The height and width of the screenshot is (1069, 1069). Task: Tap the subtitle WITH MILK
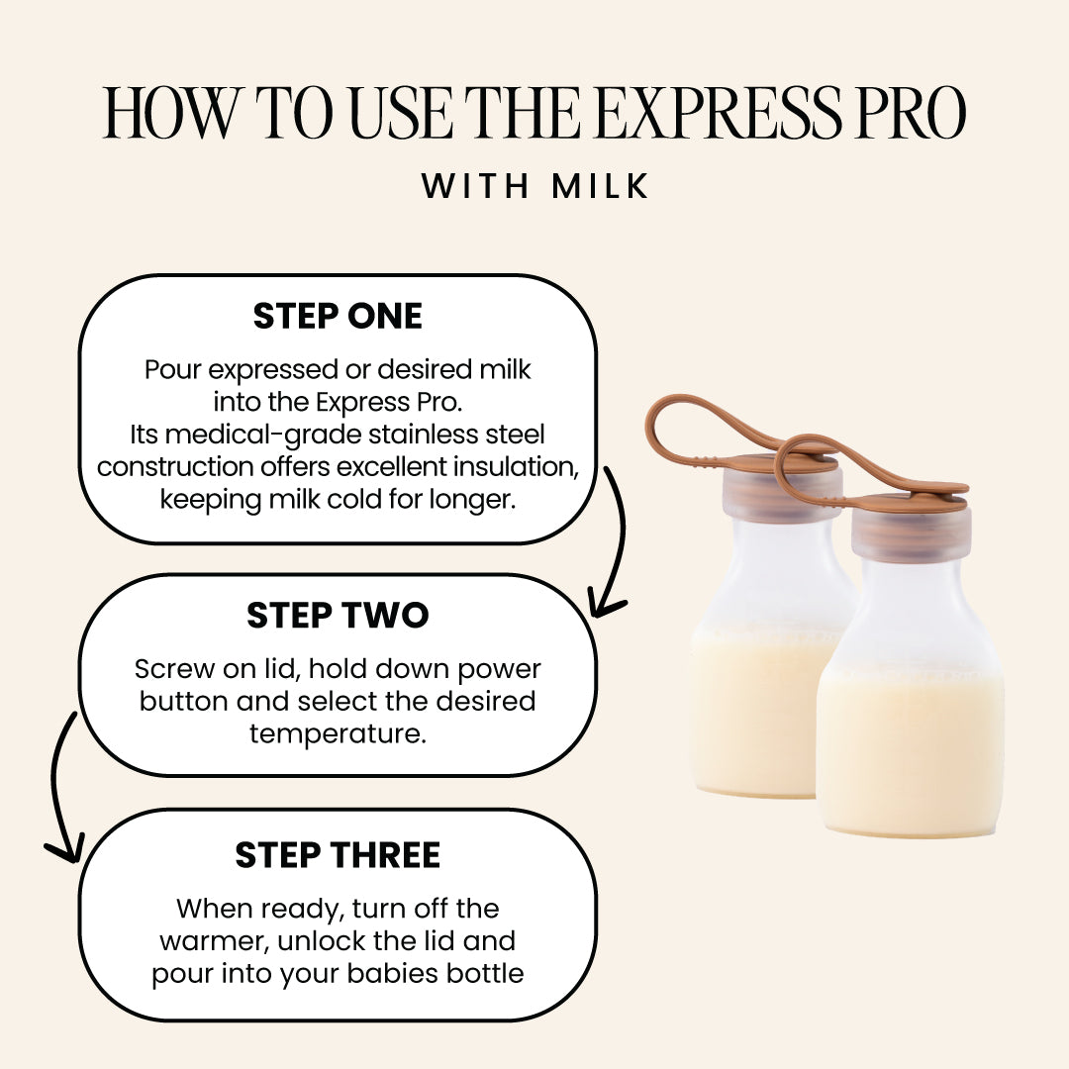[534, 186]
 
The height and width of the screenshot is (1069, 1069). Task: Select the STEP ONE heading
[338, 316]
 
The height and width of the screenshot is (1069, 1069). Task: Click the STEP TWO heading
[338, 616]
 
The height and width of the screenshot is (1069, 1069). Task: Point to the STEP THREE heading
[338, 855]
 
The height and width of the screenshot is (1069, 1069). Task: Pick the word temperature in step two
[338, 733]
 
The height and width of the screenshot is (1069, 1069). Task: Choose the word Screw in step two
[169, 669]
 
